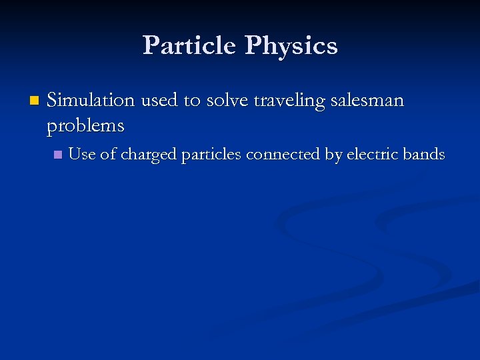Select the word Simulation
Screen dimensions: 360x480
pyautogui.click(x=91, y=101)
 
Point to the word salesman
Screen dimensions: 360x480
pyautogui.click(x=368, y=101)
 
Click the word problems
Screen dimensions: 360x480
pyautogui.click(x=86, y=125)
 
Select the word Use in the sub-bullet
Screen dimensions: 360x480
pyautogui.click(x=82, y=155)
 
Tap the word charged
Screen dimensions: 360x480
pyautogui.click(x=149, y=155)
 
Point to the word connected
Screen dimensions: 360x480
pyautogui.click(x=283, y=155)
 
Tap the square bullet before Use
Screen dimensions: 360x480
pyautogui.click(x=58, y=155)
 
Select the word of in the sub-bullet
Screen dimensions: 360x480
pyautogui.click(x=108, y=155)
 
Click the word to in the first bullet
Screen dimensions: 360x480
pyautogui.click(x=191, y=101)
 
